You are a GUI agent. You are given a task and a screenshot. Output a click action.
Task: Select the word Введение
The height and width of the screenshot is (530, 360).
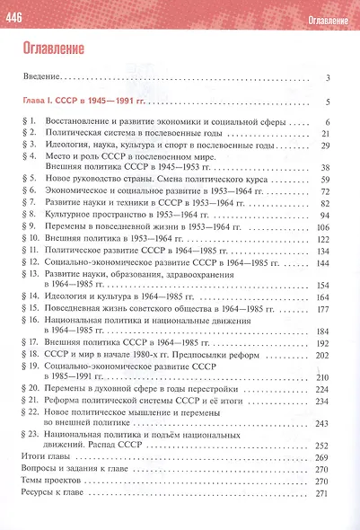pos(43,78)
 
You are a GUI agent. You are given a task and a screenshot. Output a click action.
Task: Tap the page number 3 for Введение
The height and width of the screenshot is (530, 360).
pos(330,78)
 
